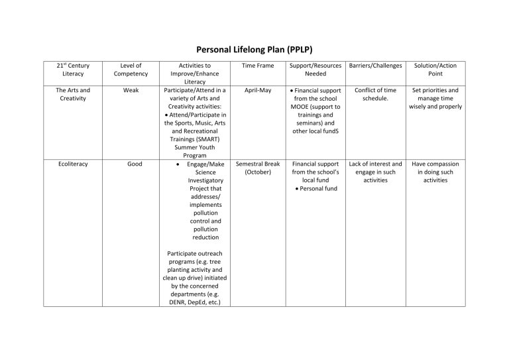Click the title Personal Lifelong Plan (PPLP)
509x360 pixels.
254,50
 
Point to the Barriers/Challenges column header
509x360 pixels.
375,66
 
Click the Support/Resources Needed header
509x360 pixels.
315,70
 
